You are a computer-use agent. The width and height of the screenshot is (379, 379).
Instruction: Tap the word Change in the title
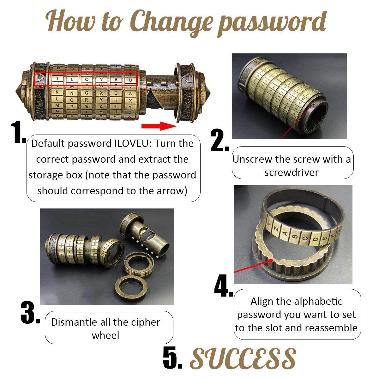[171, 23]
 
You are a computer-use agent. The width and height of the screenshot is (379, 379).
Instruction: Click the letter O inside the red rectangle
[87, 80]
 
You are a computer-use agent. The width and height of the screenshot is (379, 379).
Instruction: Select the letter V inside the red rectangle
[101, 80]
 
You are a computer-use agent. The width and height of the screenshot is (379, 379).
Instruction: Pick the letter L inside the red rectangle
[72, 80]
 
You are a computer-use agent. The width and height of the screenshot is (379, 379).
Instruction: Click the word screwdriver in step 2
[291, 172]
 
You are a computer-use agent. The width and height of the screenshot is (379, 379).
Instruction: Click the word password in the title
[272, 23]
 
